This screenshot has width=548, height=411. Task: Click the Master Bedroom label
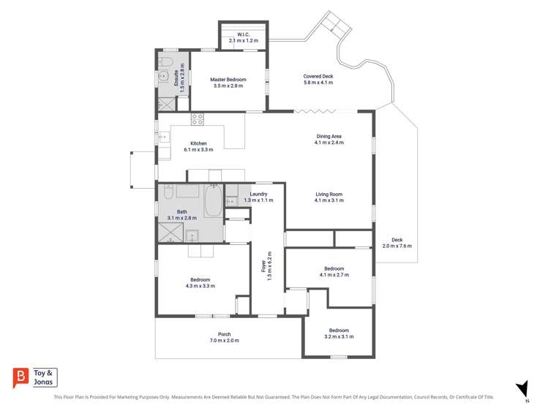point(228,80)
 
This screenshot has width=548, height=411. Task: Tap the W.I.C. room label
point(243,34)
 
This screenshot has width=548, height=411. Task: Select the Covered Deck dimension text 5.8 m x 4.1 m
point(318,83)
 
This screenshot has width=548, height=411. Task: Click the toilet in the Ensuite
point(165,62)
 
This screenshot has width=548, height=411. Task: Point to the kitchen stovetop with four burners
point(197,119)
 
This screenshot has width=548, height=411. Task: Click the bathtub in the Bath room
point(213,201)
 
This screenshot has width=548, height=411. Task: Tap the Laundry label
point(258,194)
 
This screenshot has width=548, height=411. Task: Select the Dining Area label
point(329,136)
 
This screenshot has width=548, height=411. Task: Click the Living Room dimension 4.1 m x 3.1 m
point(329,200)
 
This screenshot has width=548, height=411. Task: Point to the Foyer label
point(263,265)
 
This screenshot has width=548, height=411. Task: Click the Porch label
point(225,334)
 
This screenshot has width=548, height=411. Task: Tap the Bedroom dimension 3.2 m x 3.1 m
point(339,336)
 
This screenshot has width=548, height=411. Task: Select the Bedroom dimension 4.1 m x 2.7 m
point(334,275)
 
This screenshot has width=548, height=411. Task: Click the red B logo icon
point(20,377)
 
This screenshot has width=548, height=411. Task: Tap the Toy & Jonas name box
point(44,377)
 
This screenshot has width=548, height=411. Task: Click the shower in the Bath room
point(171,232)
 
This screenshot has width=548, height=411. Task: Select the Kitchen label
point(198,143)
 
